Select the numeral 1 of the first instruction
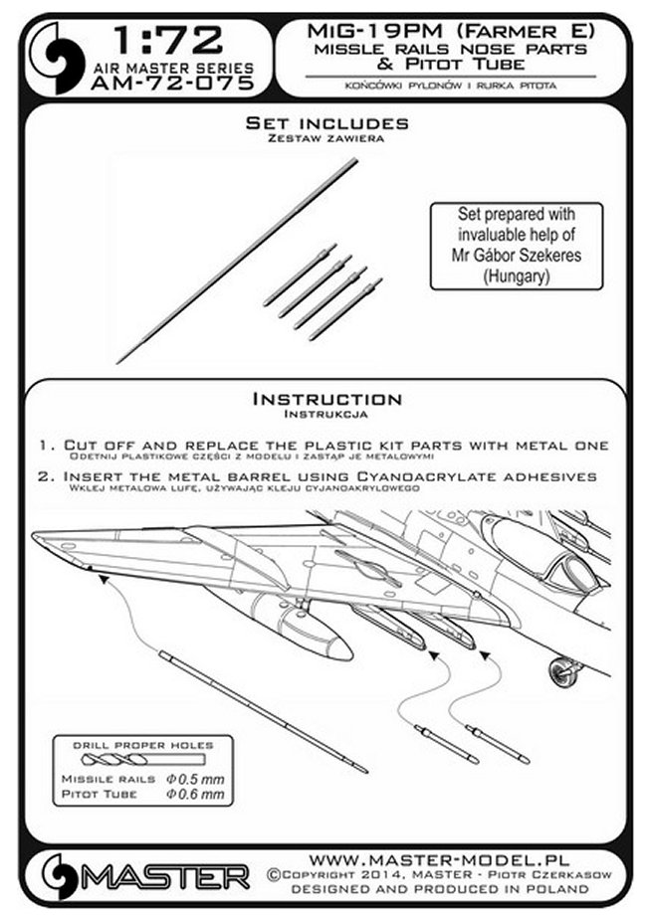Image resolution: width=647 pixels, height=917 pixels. tap(50, 444)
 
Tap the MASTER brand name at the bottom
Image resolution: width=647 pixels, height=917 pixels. tap(175, 875)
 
